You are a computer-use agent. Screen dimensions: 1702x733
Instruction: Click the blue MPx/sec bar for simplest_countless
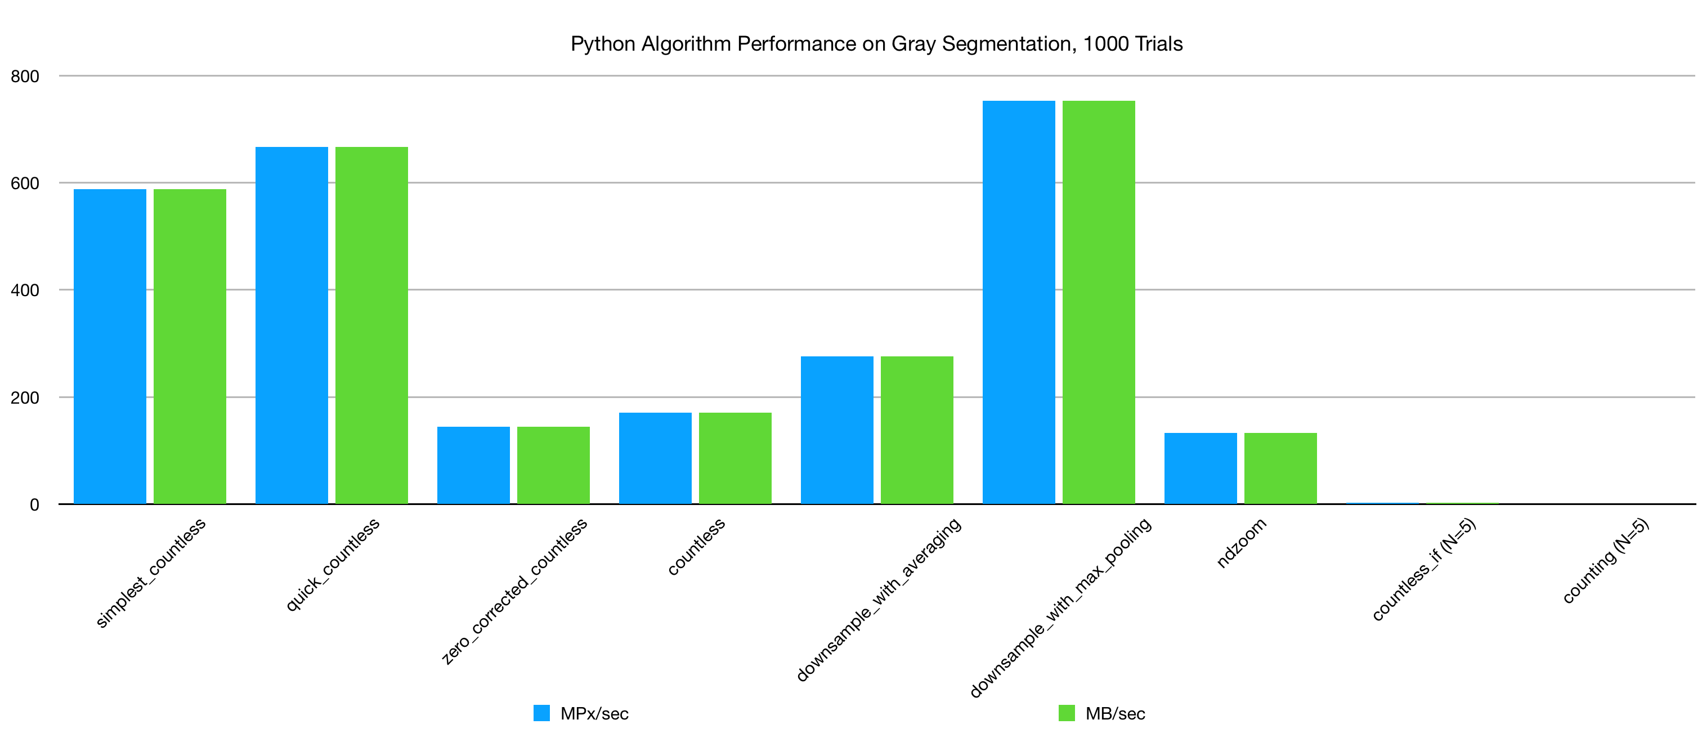click(x=110, y=346)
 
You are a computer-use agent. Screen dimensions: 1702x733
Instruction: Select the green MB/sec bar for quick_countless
click(x=371, y=325)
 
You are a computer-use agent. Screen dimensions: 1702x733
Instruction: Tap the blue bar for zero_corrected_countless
click(x=473, y=466)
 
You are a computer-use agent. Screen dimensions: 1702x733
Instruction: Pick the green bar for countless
click(x=734, y=458)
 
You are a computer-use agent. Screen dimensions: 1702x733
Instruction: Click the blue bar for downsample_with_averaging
click(x=836, y=430)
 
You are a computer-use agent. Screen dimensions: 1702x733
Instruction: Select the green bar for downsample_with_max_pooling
click(x=1098, y=302)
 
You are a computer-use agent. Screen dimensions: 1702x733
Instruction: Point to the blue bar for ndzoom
click(x=1200, y=468)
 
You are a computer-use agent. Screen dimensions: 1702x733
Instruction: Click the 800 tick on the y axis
click(x=25, y=76)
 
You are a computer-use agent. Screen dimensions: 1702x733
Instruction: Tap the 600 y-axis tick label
click(x=25, y=183)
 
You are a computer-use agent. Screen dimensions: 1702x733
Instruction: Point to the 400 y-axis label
click(x=25, y=290)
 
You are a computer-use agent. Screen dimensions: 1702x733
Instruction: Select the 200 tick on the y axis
click(x=25, y=397)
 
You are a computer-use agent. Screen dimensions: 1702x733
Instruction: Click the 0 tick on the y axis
click(x=34, y=505)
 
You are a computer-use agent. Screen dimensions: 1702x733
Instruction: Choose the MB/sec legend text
click(x=1116, y=714)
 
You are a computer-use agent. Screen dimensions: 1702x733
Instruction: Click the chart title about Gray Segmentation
click(x=876, y=43)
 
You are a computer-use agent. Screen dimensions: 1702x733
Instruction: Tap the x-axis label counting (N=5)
click(x=1606, y=561)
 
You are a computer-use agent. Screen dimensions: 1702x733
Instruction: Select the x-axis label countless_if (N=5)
click(x=1424, y=570)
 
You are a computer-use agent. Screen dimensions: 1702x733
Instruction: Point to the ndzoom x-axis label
click(x=1242, y=543)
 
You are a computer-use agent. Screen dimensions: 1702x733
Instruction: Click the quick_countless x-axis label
click(x=332, y=564)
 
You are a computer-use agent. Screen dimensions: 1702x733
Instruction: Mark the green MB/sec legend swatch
click(x=1067, y=713)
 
